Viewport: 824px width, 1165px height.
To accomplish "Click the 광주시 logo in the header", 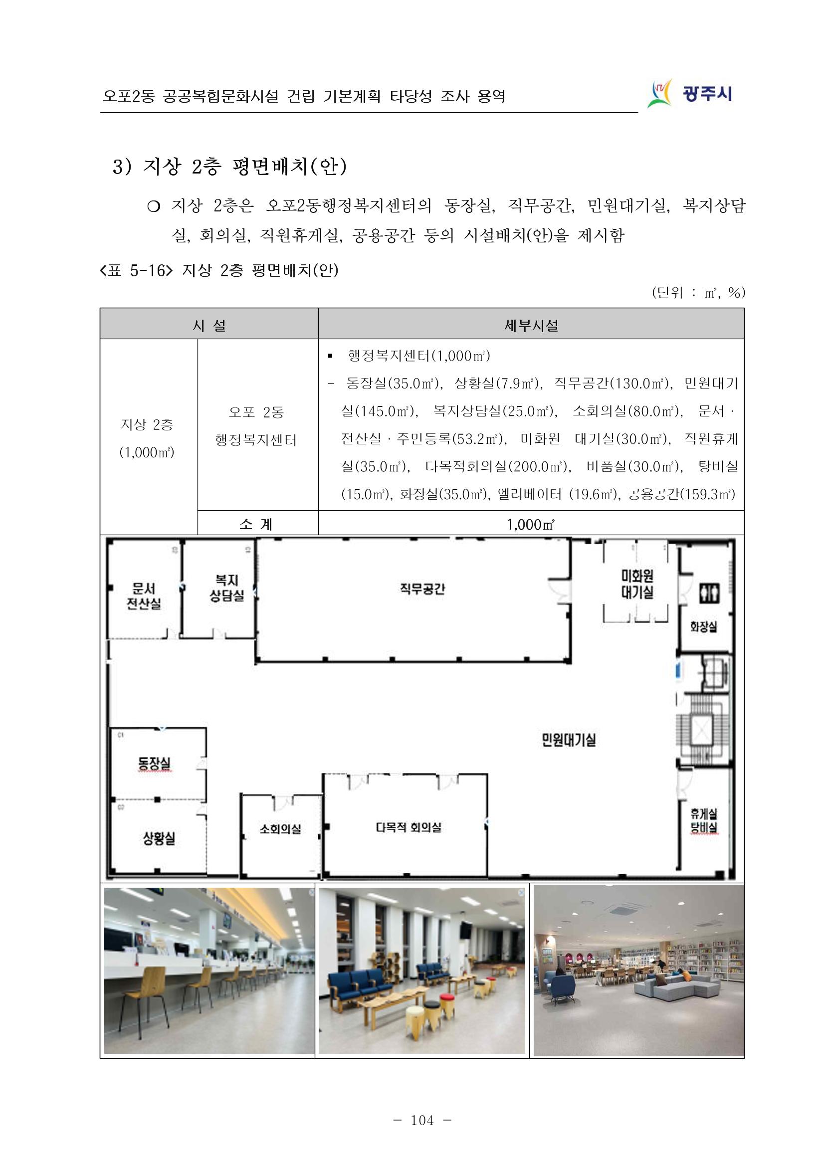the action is click(x=689, y=94).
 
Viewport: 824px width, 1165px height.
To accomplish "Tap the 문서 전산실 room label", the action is click(x=144, y=595).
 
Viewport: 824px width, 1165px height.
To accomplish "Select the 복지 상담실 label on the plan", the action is click(x=227, y=588).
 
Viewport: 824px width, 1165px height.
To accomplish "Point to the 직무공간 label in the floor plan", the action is click(x=422, y=588).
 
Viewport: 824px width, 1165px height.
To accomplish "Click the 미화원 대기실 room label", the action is click(x=637, y=584).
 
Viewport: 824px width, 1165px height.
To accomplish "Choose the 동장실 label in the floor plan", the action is click(x=155, y=763).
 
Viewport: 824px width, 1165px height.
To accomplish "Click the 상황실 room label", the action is click(x=158, y=838).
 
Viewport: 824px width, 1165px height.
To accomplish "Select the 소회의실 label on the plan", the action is click(x=280, y=828).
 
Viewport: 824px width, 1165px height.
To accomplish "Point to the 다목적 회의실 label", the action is click(x=409, y=827).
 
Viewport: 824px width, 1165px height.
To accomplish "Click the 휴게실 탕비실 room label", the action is click(x=704, y=821).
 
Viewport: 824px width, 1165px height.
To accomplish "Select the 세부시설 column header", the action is click(x=531, y=325).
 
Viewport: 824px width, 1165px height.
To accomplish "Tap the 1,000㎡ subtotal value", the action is click(x=531, y=524).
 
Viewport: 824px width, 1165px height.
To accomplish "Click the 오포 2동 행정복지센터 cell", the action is click(x=257, y=426).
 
